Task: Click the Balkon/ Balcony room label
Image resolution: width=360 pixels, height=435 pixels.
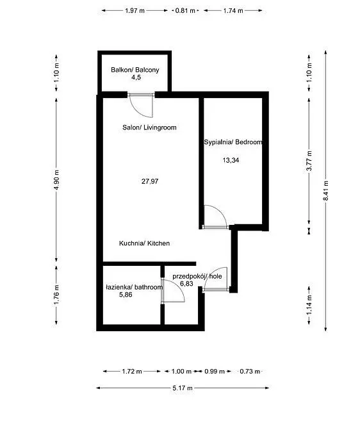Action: (x=135, y=70)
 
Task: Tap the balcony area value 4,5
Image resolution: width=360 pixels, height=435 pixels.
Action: (x=136, y=78)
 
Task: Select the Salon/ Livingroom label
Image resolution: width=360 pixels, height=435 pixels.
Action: (x=149, y=127)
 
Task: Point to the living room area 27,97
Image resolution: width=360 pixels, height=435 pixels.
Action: (x=150, y=181)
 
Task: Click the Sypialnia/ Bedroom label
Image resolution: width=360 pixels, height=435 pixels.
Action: (x=233, y=142)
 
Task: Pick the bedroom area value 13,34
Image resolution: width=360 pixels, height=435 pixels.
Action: (x=231, y=160)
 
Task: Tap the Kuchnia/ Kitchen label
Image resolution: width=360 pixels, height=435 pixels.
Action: (x=144, y=243)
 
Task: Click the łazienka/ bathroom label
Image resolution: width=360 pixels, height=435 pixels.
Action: (x=135, y=287)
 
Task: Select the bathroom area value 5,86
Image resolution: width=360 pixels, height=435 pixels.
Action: (x=126, y=295)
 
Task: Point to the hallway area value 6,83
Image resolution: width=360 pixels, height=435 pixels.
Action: (x=186, y=284)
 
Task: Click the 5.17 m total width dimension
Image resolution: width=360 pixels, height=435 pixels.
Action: (x=183, y=388)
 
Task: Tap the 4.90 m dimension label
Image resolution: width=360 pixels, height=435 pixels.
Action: (x=56, y=179)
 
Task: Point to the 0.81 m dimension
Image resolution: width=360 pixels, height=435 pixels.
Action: (x=185, y=11)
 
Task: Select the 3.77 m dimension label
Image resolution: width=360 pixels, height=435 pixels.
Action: (x=309, y=161)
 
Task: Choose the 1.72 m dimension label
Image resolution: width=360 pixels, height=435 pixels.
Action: (x=132, y=371)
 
